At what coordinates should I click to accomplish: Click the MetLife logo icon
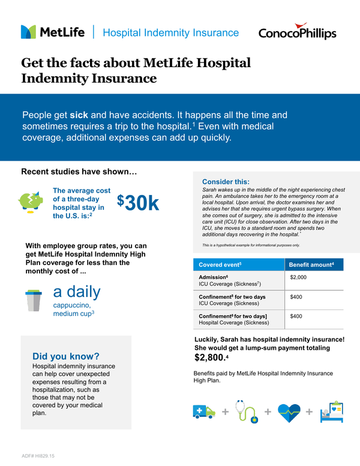point(29,32)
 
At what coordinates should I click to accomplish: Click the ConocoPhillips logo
point(297,33)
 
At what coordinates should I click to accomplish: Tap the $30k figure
point(138,203)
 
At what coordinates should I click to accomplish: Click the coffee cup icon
point(33,300)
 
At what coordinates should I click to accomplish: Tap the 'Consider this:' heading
point(226,182)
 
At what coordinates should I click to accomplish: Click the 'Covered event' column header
point(220,264)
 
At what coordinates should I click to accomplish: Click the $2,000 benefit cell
point(298,278)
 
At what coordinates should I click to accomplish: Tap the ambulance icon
point(203,411)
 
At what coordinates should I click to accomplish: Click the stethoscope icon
point(246,410)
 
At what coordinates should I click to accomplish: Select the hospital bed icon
point(331,411)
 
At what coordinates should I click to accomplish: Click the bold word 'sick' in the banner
point(79,115)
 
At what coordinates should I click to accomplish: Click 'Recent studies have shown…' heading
point(79,172)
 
